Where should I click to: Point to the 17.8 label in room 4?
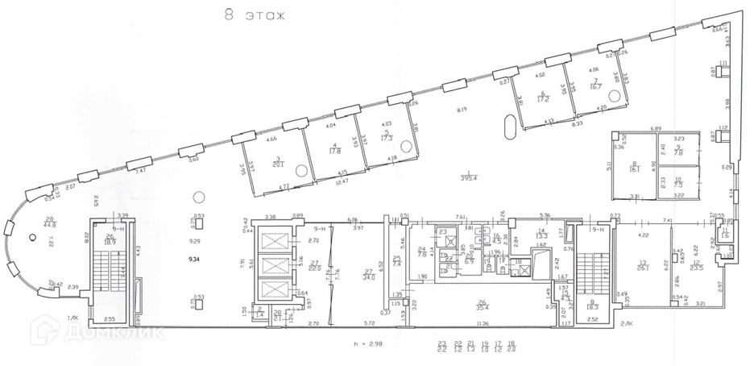pos(334,150)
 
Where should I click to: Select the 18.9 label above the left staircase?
pos(109,241)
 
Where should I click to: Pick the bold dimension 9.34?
pos(193,260)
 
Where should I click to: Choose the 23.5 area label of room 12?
pos(698,268)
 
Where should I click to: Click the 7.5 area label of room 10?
pos(678,184)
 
